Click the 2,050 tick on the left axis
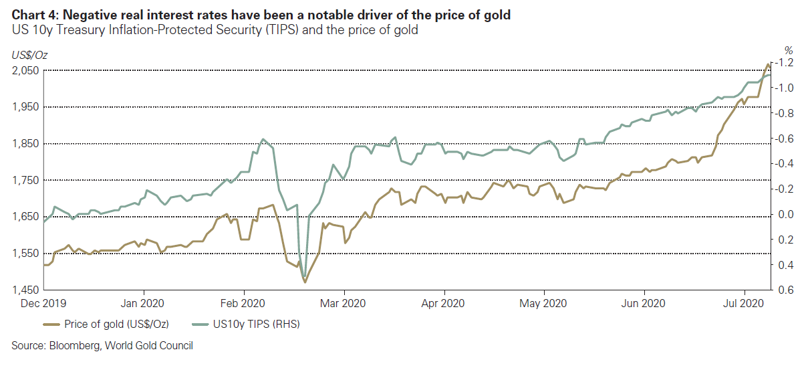pyautogui.click(x=25, y=70)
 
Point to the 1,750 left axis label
pyautogui.click(x=25, y=180)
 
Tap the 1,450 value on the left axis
pyautogui.click(x=25, y=290)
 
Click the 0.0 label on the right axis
pyautogui.click(x=787, y=214)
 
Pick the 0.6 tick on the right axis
pyautogui.click(x=787, y=290)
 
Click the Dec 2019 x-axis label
pyautogui.click(x=43, y=303)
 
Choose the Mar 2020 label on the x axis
pyautogui.click(x=344, y=303)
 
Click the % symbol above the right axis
pyautogui.click(x=788, y=50)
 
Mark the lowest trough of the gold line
pyautogui.click(x=305, y=282)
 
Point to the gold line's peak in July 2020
pyautogui.click(x=767, y=64)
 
